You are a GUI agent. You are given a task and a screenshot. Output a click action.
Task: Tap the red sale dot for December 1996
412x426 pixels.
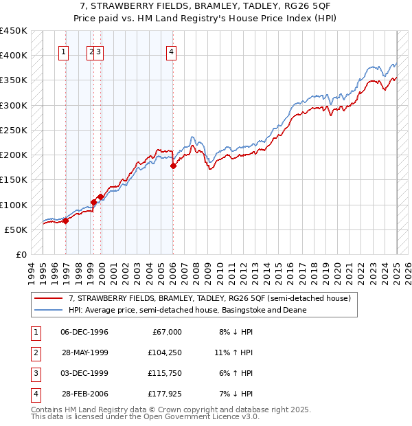[66, 221]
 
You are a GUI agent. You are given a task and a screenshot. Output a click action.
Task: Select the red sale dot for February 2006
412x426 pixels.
[173, 166]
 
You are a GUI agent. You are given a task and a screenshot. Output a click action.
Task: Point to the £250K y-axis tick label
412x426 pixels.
[14, 130]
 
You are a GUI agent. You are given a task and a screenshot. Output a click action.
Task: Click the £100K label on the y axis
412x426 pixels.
[14, 205]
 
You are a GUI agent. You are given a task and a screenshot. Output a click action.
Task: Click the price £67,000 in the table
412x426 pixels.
[166, 332]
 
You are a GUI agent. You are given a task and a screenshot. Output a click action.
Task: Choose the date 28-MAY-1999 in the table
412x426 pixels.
[84, 352]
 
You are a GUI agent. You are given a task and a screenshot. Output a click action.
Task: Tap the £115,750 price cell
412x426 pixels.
[163, 373]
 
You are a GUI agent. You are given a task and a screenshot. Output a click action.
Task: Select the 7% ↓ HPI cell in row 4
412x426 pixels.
[233, 394]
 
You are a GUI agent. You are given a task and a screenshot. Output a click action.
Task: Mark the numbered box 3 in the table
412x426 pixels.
[34, 373]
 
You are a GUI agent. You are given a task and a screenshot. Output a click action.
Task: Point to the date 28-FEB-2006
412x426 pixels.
[84, 394]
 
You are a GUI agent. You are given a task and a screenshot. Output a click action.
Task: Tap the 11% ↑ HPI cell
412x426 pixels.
[233, 352]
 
